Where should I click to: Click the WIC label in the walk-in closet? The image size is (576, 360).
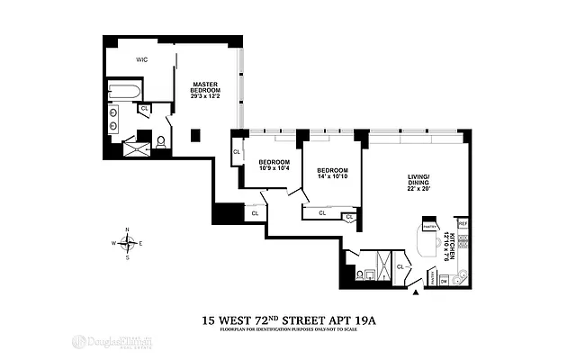(x=141, y=59)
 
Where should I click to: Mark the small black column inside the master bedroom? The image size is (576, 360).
(x=195, y=135)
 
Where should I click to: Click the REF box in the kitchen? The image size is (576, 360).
(x=463, y=223)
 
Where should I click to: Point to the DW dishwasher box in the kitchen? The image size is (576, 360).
(x=444, y=281)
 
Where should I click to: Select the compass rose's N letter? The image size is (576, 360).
(x=128, y=229)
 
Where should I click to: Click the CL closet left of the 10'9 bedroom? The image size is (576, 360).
(x=237, y=151)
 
